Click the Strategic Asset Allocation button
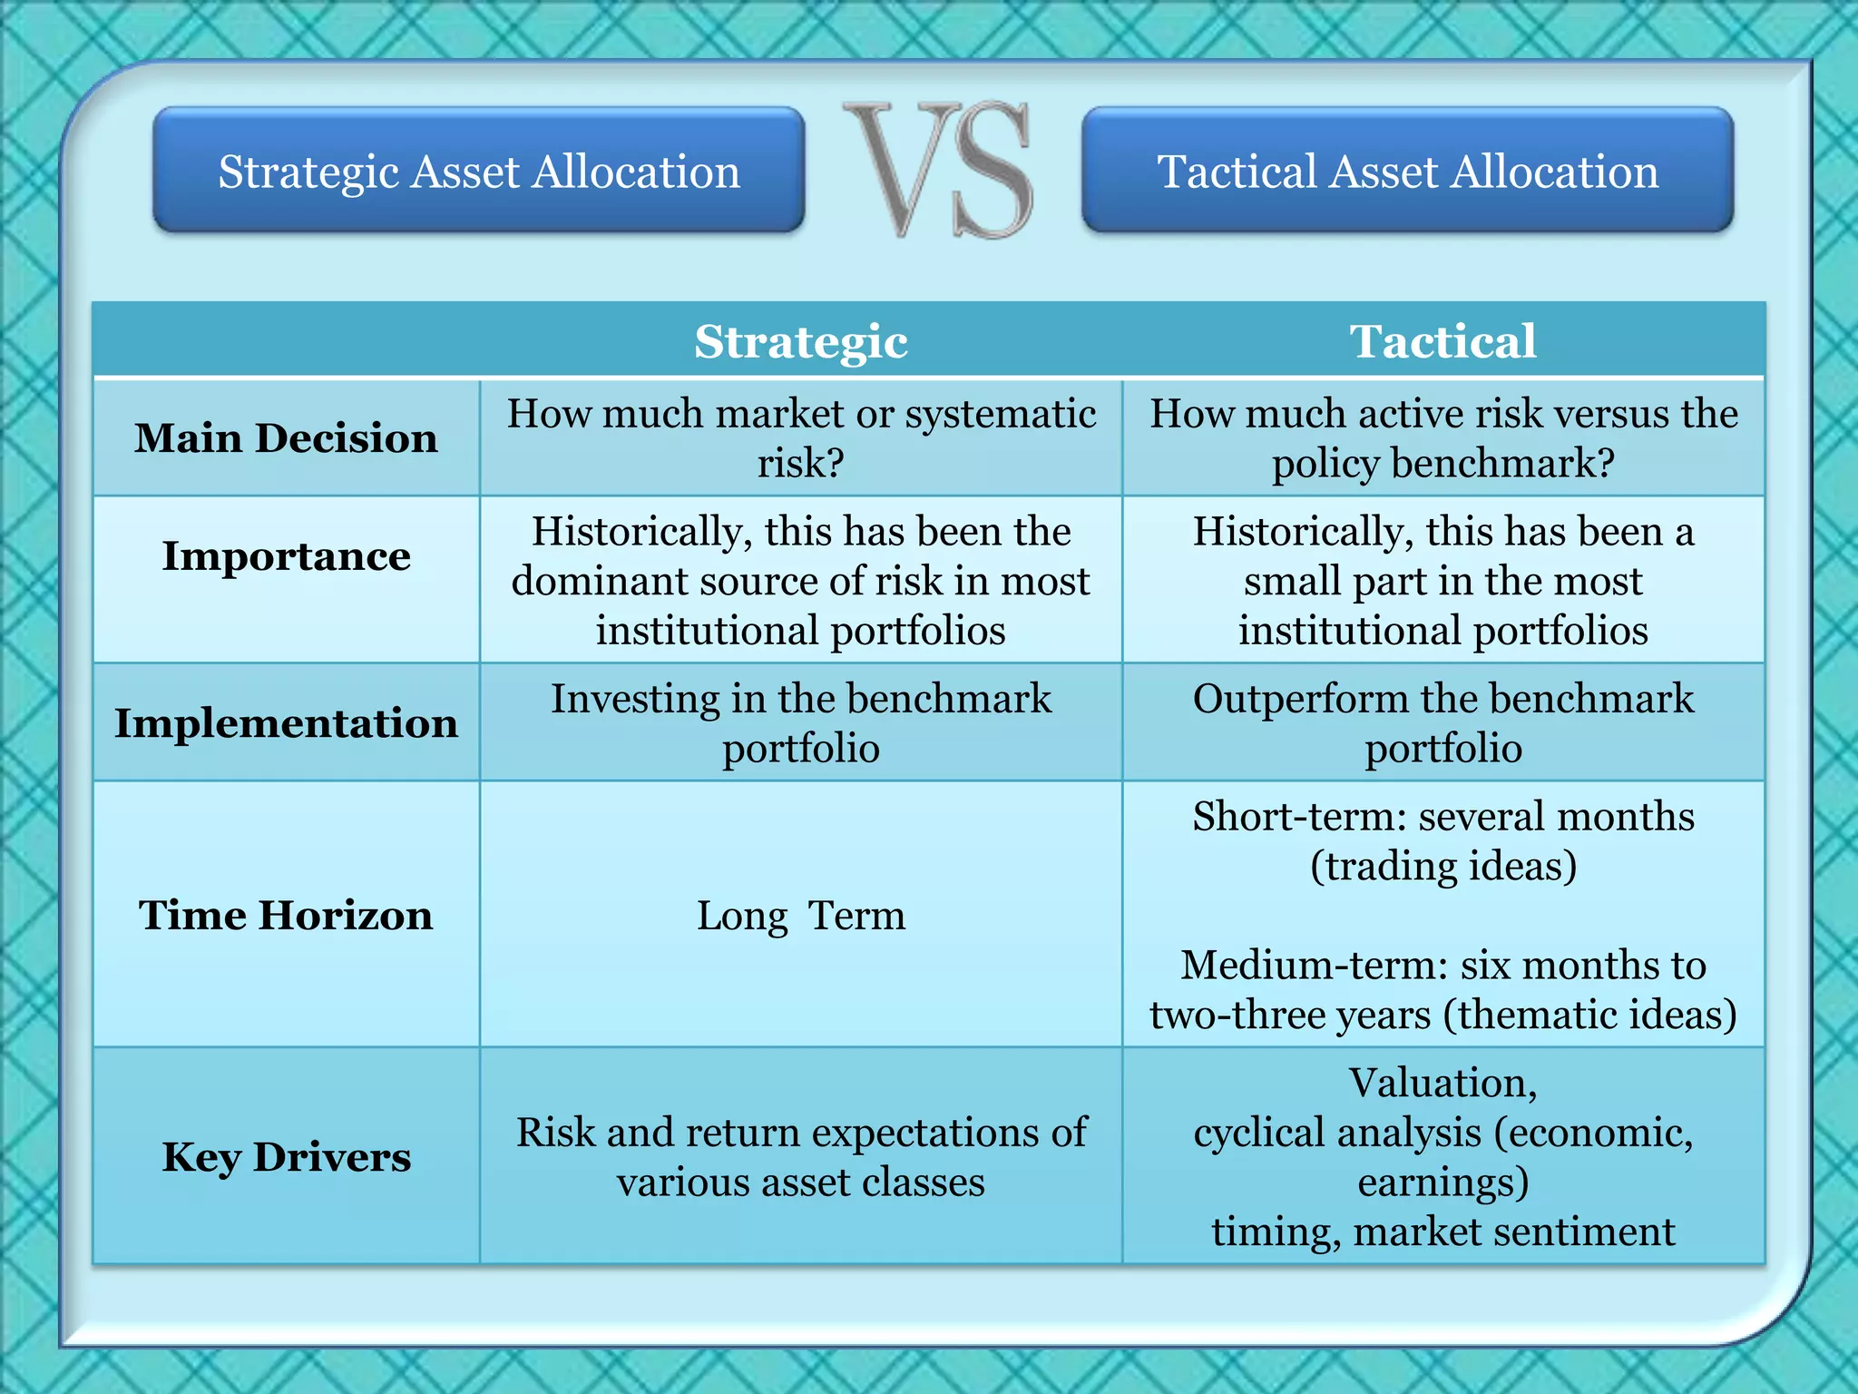point(479,171)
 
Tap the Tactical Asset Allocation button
point(1407,171)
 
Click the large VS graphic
point(939,171)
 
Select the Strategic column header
point(801,341)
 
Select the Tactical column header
point(1442,341)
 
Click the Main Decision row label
point(286,437)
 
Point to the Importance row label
point(286,555)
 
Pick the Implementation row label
point(286,722)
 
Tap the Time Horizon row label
point(286,915)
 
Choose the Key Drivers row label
point(286,1156)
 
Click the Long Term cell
point(801,915)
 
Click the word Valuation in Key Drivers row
point(1442,1083)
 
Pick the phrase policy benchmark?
point(1442,463)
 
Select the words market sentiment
point(1514,1232)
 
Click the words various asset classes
point(801,1182)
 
